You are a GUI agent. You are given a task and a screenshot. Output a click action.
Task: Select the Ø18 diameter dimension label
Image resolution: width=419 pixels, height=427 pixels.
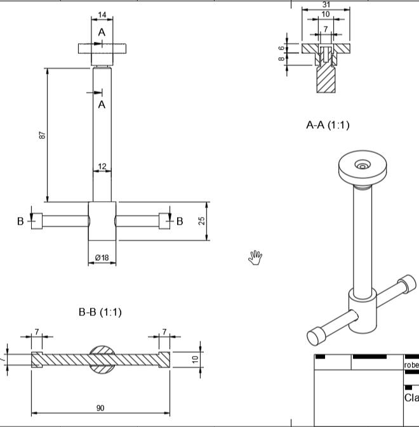102,256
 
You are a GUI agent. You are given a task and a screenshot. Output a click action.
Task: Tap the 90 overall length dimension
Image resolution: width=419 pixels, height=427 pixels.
100,408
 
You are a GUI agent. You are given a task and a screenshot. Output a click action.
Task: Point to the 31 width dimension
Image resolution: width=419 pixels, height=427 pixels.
326,4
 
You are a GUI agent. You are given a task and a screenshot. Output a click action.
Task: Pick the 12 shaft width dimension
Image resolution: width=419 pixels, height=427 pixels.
102,166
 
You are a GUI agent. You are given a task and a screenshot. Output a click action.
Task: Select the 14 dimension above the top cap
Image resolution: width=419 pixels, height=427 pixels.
102,15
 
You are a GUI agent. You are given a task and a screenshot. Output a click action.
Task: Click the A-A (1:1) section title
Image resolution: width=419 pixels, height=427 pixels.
328,125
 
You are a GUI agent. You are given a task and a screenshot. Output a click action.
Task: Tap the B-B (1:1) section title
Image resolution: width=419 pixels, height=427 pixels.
100,312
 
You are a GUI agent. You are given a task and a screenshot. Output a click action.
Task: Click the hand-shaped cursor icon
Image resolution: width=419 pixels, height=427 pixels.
255,257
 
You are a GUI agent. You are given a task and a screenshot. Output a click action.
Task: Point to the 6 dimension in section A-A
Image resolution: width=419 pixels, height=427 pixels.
281,48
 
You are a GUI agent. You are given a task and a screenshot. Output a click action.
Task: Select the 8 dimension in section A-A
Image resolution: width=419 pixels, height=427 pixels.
281,58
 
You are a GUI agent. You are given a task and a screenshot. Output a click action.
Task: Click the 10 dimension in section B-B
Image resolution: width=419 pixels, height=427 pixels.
196,358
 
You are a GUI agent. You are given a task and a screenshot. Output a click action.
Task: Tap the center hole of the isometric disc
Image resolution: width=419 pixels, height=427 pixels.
362,166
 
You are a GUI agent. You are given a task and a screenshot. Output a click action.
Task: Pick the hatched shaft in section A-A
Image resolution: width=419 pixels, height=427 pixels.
326,79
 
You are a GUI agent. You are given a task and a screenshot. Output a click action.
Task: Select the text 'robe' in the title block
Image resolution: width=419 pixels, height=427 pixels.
411,365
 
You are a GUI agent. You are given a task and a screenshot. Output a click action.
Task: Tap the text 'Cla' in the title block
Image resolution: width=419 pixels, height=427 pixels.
411,398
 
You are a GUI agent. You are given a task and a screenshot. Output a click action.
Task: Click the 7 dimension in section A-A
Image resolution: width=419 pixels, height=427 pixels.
326,29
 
